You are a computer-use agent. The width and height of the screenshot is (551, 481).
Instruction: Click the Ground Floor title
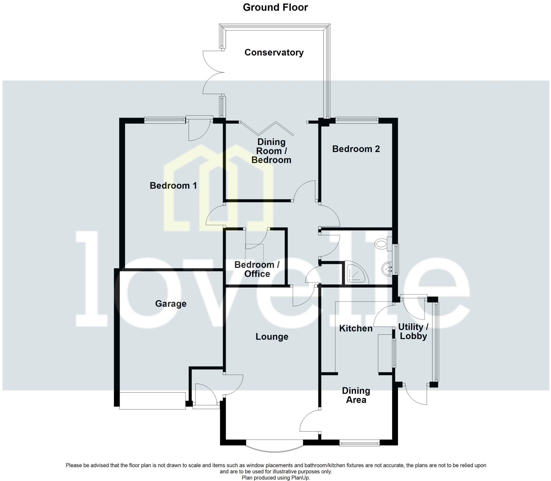pyautogui.click(x=275, y=8)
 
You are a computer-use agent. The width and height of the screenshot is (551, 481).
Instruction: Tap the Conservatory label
pyautogui.click(x=274, y=52)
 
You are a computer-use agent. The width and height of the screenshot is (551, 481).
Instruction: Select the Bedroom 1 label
pyautogui.click(x=173, y=185)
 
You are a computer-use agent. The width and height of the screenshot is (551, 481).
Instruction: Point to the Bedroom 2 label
pyautogui.click(x=356, y=149)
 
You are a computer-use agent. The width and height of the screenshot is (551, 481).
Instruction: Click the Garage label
pyautogui.click(x=171, y=304)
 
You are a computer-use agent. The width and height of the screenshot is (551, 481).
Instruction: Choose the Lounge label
pyautogui.click(x=272, y=336)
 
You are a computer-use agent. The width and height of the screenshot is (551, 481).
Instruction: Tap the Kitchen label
pyautogui.click(x=356, y=328)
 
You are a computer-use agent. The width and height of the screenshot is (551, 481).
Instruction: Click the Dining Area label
pyautogui.click(x=356, y=395)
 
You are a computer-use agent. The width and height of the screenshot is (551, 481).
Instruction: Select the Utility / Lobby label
pyautogui.click(x=413, y=332)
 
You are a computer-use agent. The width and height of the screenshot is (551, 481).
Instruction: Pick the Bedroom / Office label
pyautogui.click(x=257, y=269)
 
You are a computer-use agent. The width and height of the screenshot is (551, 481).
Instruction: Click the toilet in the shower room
pyautogui.click(x=382, y=244)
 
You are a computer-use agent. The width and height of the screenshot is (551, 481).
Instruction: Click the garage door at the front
pyautogui.click(x=152, y=401)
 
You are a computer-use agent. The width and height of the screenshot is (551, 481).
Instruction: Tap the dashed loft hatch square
pyautogui.click(x=254, y=253)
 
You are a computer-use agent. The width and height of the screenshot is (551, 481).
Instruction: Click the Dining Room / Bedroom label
pyautogui.click(x=271, y=151)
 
